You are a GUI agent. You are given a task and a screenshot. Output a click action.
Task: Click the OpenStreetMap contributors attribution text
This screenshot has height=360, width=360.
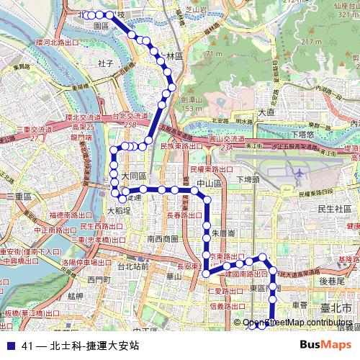pyautogui.click(x=297, y=323)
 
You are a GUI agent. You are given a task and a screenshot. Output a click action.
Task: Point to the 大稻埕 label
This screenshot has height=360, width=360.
pyautogui.click(x=119, y=211)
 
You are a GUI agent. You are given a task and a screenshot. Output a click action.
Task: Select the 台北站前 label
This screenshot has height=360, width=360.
pyautogui.click(x=132, y=266)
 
